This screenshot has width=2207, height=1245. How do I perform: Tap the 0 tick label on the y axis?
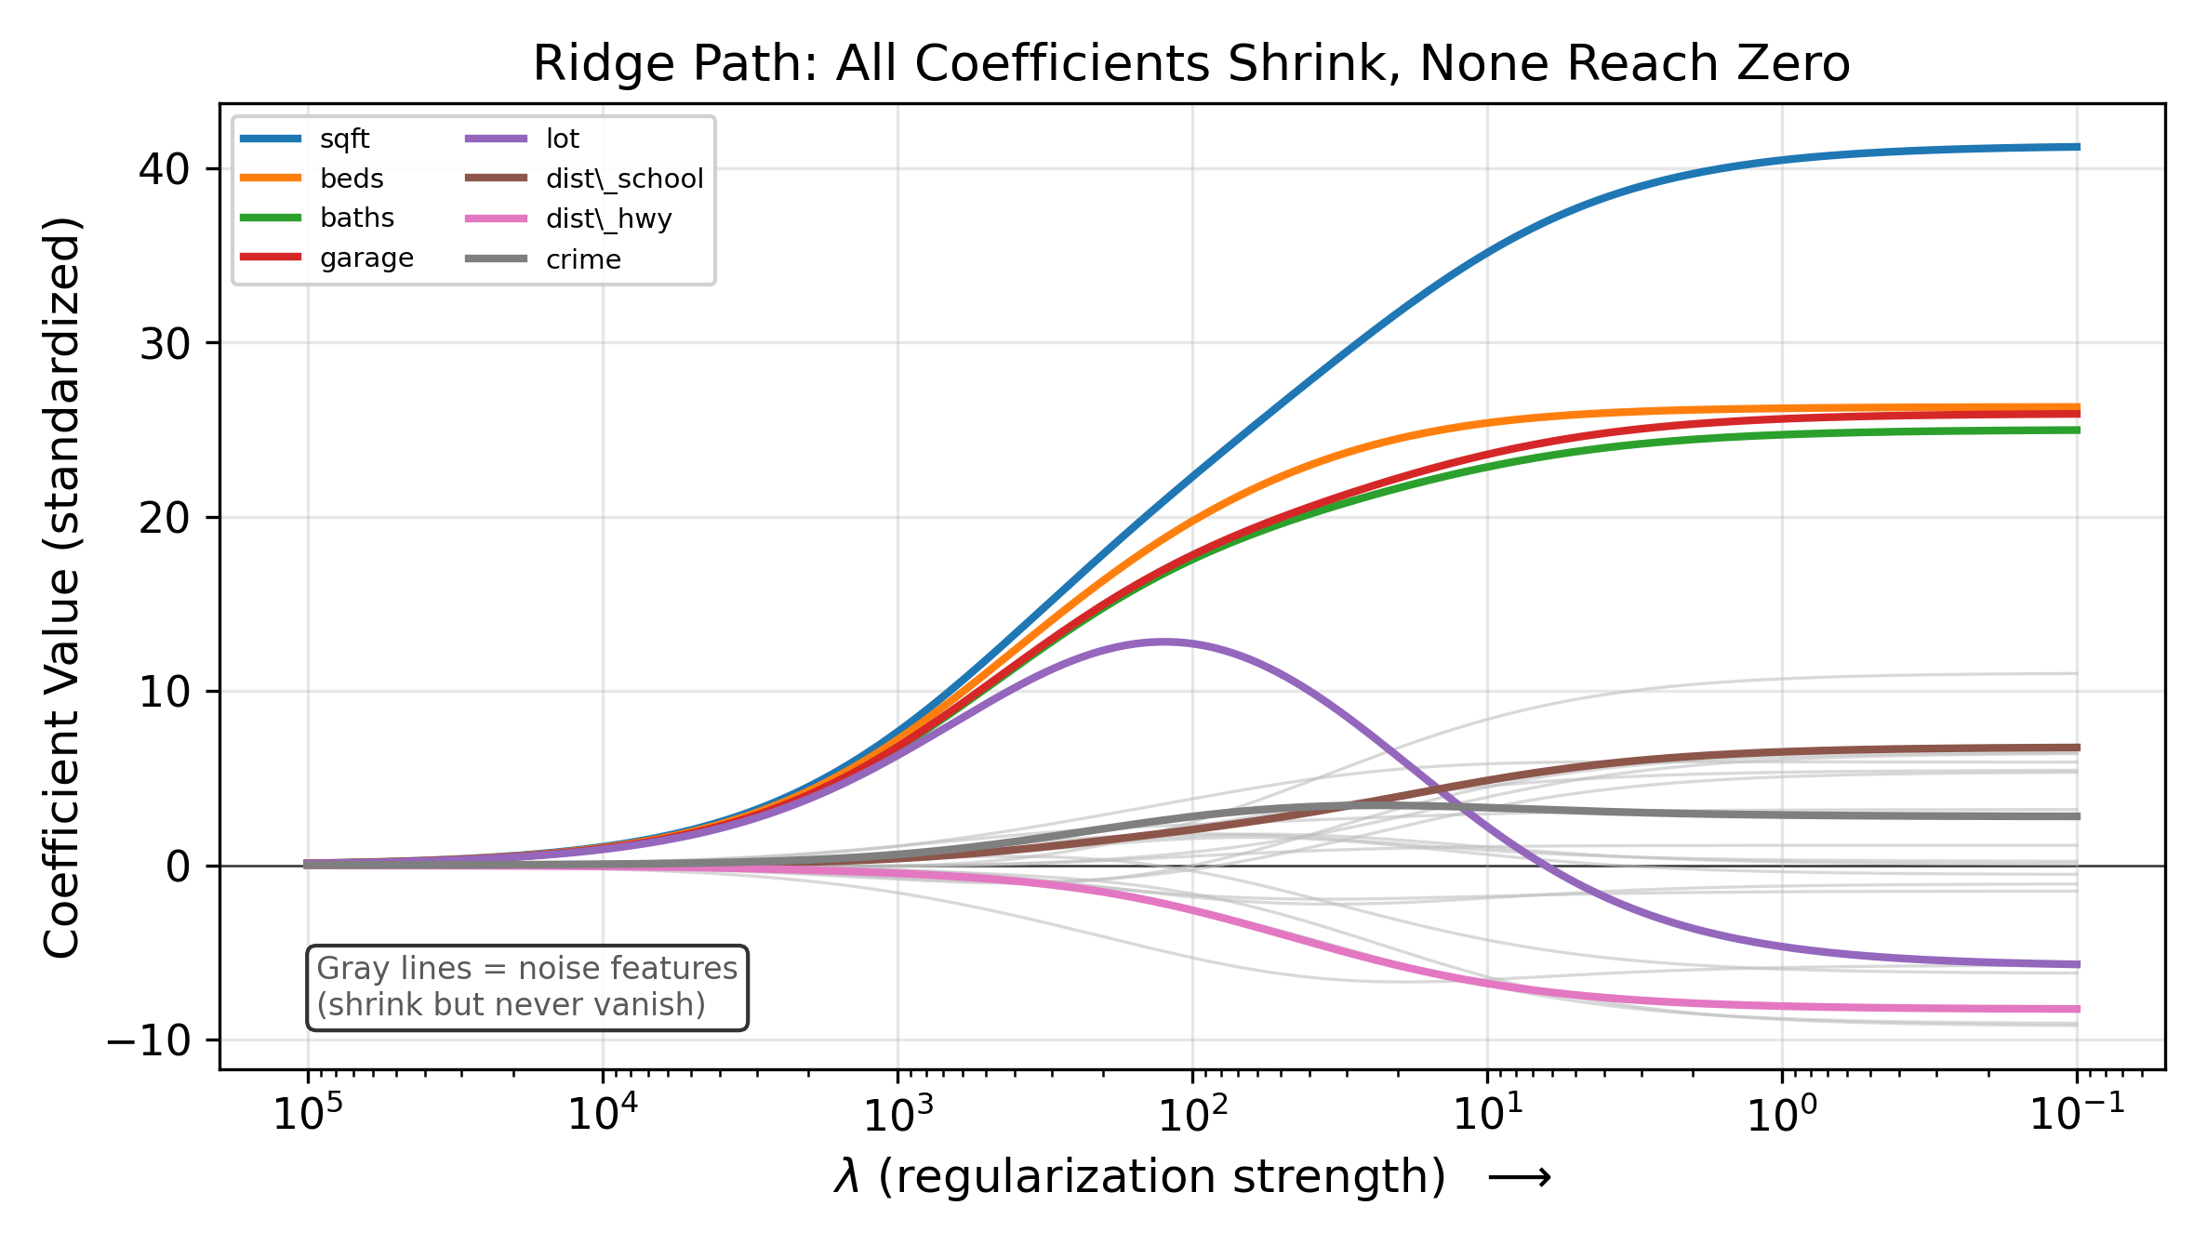[x=178, y=867]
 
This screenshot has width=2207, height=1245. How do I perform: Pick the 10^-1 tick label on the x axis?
[x=2077, y=1114]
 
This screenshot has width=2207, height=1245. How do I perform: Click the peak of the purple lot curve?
[x=1163, y=642]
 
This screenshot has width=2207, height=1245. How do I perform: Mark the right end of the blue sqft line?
[x=2078, y=147]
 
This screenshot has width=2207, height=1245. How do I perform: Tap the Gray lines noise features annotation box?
[x=526, y=987]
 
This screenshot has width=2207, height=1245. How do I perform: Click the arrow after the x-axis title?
[x=1520, y=1179]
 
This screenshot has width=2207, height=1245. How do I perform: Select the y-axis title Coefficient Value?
[x=62, y=588]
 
